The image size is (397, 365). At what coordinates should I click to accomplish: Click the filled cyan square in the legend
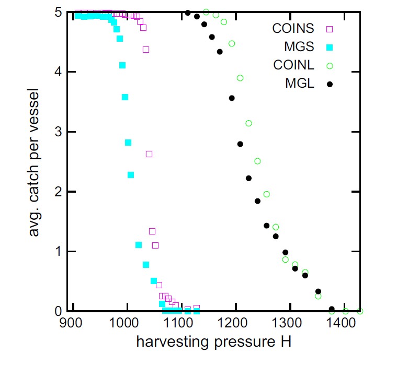[x=330, y=48]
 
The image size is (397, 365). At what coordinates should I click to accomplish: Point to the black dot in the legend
[x=330, y=84]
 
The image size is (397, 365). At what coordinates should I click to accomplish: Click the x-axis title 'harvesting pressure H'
[x=213, y=343]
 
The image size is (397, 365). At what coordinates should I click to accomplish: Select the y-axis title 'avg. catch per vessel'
[x=35, y=162]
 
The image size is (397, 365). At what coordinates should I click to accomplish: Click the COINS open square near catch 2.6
[x=149, y=154]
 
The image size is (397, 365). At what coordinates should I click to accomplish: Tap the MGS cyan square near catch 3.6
[x=125, y=97]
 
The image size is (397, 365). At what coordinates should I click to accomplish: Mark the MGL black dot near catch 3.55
[x=232, y=98]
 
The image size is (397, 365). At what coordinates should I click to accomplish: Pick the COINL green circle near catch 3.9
[x=240, y=78]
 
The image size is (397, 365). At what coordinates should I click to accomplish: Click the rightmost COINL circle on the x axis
[x=360, y=311]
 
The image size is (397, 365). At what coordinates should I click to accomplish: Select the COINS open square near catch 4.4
[x=146, y=50]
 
